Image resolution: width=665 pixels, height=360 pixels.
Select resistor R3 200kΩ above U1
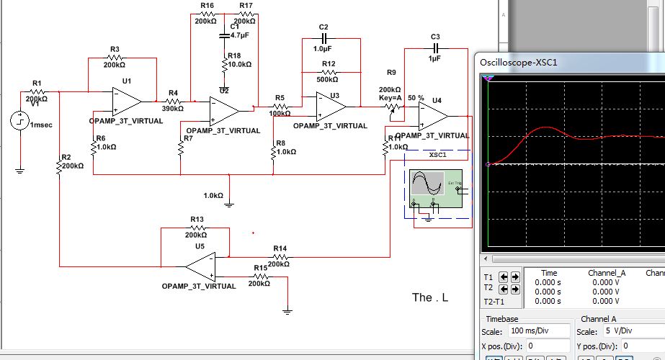pyautogui.click(x=114, y=58)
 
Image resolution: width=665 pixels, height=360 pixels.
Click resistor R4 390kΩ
pyautogui.click(x=173, y=102)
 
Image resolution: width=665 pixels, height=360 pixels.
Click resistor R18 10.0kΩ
pyautogui.click(x=223, y=64)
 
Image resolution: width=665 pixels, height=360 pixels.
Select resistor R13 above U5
pyautogui.click(x=197, y=228)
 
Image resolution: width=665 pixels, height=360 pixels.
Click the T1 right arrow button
pyautogui.click(x=514, y=276)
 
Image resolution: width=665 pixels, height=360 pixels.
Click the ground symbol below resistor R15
pyautogui.click(x=287, y=310)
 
